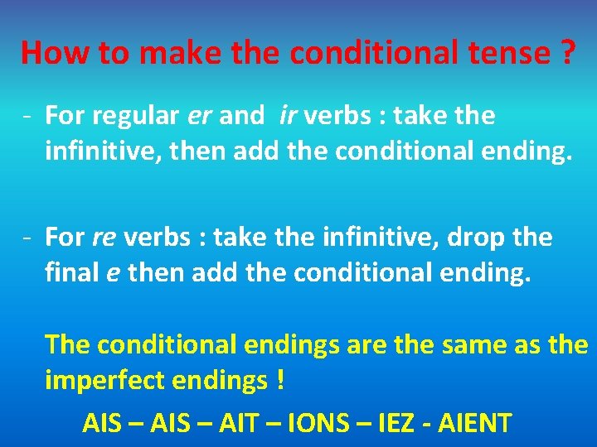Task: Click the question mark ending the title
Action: pos(568,52)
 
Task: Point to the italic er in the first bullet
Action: pos(200,117)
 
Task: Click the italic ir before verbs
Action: pos(289,117)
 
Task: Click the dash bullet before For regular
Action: pos(27,117)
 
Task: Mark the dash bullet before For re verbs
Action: pos(27,238)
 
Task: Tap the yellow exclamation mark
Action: pos(281,380)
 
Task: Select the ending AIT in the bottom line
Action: pos(238,424)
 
